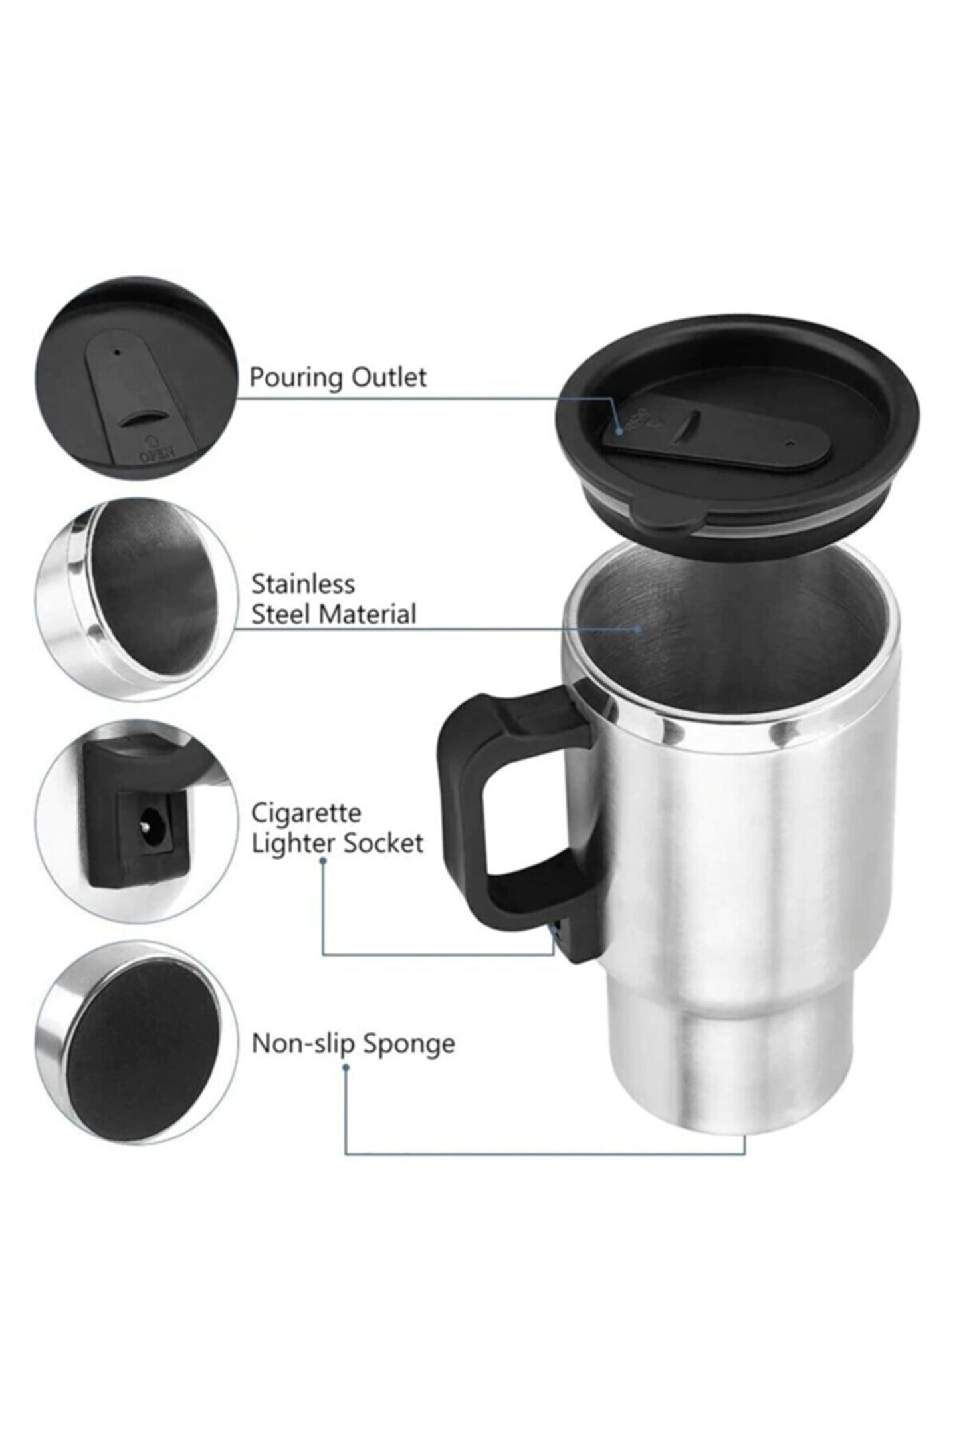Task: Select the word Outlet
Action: [x=389, y=377]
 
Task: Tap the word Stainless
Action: [x=303, y=584]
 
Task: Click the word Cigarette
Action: [x=306, y=814]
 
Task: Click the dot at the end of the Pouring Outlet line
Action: [x=619, y=431]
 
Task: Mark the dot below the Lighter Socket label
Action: [x=323, y=862]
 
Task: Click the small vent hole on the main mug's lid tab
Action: [x=789, y=443]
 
